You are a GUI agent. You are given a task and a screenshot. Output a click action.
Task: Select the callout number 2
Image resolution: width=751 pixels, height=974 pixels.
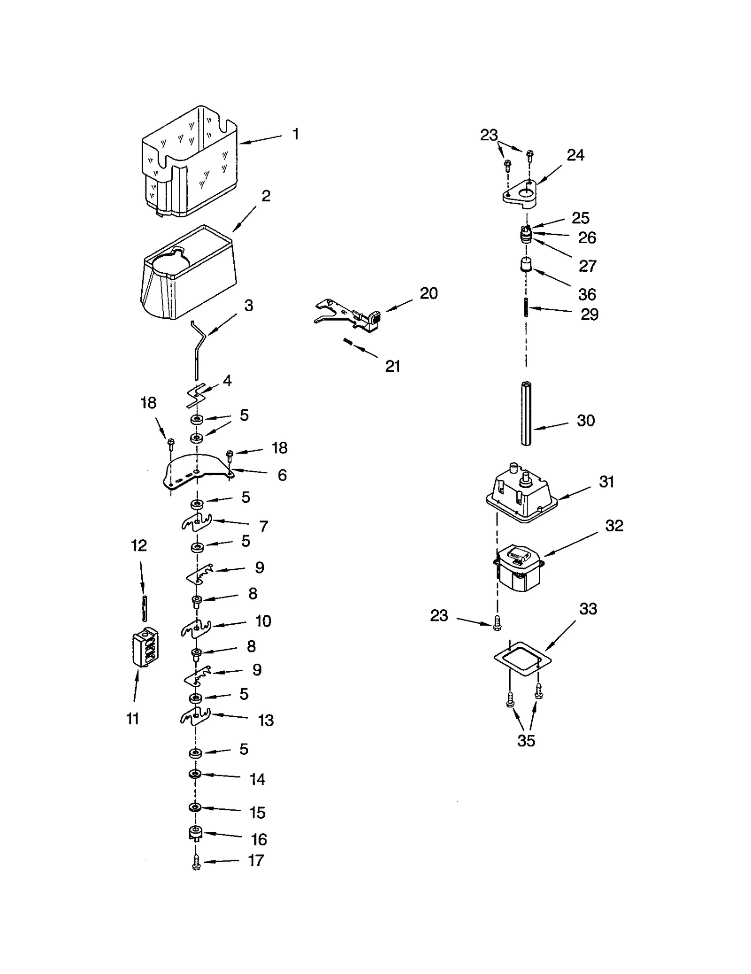[266, 196]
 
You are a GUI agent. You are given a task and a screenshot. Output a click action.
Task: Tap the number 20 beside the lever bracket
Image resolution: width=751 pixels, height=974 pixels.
[428, 293]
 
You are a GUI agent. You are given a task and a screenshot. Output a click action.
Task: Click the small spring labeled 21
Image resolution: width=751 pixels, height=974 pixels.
[348, 342]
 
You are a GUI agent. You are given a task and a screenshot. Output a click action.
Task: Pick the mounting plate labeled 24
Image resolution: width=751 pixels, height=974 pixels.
[519, 194]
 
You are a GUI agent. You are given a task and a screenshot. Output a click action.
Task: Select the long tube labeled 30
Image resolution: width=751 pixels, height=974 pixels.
[526, 414]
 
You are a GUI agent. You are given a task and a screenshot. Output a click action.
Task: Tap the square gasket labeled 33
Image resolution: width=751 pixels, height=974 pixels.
[522, 657]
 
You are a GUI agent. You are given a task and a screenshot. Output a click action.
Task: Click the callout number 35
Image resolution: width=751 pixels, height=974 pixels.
[526, 741]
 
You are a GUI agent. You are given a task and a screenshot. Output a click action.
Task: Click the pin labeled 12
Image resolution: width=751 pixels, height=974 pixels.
[145, 608]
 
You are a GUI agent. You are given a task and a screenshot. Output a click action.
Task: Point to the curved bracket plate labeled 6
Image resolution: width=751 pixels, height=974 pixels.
[197, 472]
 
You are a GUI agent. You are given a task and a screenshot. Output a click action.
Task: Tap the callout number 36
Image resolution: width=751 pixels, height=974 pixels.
[587, 294]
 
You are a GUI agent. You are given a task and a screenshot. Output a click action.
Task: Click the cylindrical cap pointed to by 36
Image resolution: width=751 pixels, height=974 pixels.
[526, 265]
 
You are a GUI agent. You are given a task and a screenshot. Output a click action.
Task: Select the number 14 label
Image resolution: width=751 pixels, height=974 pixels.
[257, 779]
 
